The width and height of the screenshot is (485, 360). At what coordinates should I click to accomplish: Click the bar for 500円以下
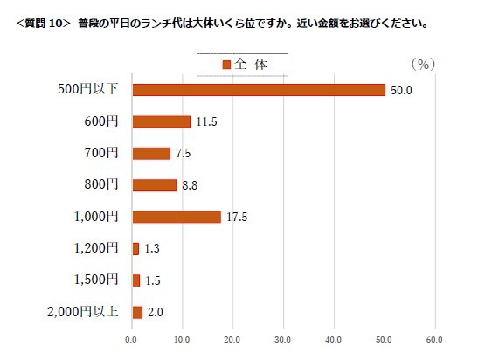(x=258, y=90)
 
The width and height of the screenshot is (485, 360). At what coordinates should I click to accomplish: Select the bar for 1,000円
(x=176, y=217)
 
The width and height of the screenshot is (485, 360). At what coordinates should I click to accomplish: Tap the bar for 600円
(x=161, y=121)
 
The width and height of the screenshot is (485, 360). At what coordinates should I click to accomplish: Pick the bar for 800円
(x=154, y=185)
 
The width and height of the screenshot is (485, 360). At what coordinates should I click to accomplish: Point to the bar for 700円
(x=150, y=153)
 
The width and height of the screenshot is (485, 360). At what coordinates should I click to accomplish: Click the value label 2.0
(x=156, y=312)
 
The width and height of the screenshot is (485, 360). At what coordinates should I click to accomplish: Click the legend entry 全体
(x=242, y=64)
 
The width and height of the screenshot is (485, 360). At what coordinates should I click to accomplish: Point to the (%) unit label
(x=422, y=64)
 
